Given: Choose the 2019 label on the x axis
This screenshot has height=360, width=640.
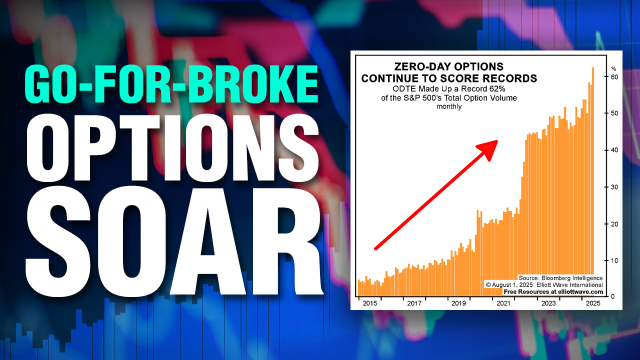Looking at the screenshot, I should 458,303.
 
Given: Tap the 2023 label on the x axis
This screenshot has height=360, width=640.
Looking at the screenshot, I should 548,303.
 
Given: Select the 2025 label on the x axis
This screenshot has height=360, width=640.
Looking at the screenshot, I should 593,303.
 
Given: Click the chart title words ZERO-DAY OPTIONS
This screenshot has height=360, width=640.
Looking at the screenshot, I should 448,67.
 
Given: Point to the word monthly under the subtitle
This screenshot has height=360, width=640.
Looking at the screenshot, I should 448,106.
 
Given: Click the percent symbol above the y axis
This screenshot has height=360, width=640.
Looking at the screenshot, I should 614,68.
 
